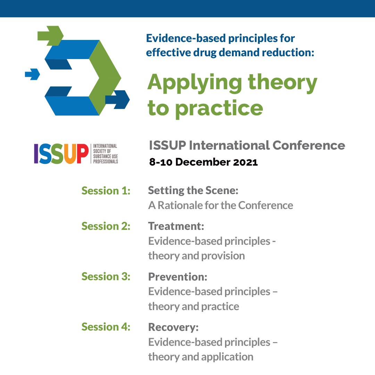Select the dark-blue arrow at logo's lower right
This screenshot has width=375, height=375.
point(118,99)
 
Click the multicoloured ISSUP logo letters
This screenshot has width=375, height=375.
point(61,154)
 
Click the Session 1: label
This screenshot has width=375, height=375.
point(106,191)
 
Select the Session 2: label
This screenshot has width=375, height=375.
point(106,226)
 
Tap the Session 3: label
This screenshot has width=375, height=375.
point(106,276)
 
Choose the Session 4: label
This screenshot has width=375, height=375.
point(106,327)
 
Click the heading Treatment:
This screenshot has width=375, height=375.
point(176,226)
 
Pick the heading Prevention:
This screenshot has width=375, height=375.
point(178,277)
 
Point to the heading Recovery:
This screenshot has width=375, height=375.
point(173,327)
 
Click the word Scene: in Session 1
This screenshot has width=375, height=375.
point(222,190)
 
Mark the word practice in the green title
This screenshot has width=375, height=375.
point(219,109)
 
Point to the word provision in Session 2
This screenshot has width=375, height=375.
point(223,256)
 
